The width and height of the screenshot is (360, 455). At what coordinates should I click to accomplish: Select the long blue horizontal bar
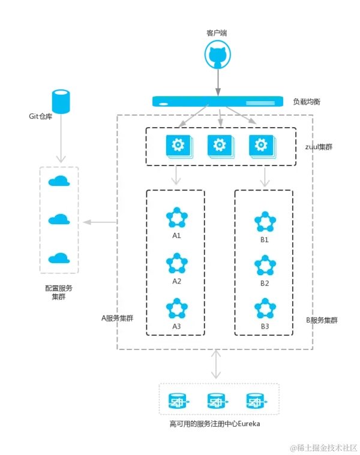click(217, 101)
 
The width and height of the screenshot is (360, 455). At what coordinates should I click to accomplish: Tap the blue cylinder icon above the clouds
click(61, 101)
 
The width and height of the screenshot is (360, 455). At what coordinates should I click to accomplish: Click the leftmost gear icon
click(177, 146)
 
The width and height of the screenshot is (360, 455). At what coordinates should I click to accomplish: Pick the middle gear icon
click(219, 146)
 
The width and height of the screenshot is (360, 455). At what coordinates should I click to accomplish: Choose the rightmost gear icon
click(261, 146)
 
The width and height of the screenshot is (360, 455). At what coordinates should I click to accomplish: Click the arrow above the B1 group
click(264, 176)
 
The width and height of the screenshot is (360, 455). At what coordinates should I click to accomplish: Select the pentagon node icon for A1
click(176, 218)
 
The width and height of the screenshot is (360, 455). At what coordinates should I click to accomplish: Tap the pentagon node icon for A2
click(176, 264)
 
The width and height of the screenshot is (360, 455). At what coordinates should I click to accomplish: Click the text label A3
click(176, 326)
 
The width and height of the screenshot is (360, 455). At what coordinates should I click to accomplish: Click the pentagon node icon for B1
click(265, 222)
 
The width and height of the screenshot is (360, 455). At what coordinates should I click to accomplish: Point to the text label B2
click(265, 283)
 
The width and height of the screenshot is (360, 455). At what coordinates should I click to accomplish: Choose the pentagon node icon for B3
click(265, 309)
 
